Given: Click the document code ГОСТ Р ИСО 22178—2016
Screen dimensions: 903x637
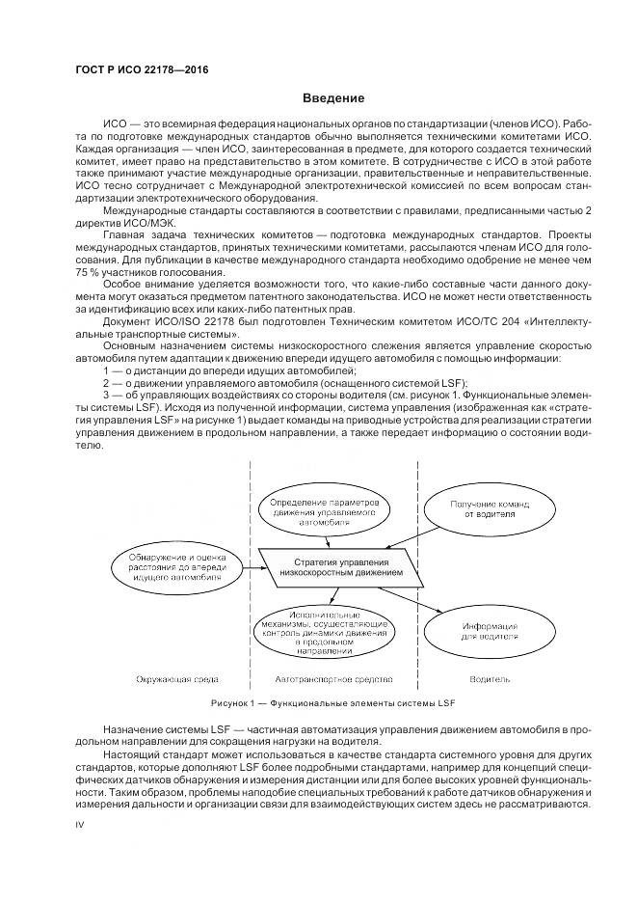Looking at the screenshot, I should pyautogui.click(x=142, y=70).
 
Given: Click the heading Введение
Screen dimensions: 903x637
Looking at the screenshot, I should pyautogui.click(x=333, y=98).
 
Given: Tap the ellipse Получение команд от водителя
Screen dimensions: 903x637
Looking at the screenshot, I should pyautogui.click(x=484, y=508).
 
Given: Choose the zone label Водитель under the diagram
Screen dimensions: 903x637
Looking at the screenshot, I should pyautogui.click(x=490, y=680).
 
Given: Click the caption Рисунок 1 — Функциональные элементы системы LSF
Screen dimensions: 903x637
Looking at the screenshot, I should pyautogui.click(x=332, y=702).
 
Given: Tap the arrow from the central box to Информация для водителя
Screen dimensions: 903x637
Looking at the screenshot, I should pyautogui.click(x=424, y=600).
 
